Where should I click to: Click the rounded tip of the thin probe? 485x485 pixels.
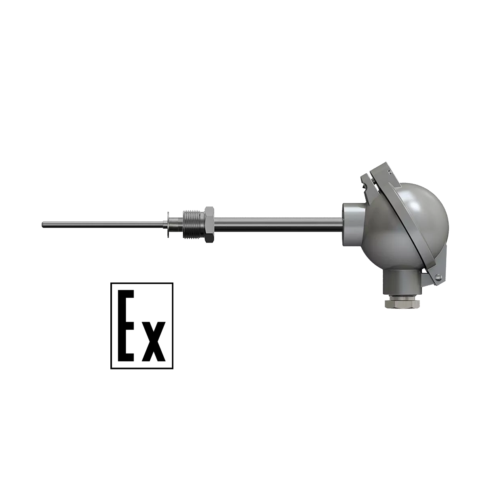(43, 225)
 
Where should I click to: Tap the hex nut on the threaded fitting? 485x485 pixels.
(209, 225)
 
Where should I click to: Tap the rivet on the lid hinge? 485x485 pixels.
(439, 277)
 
